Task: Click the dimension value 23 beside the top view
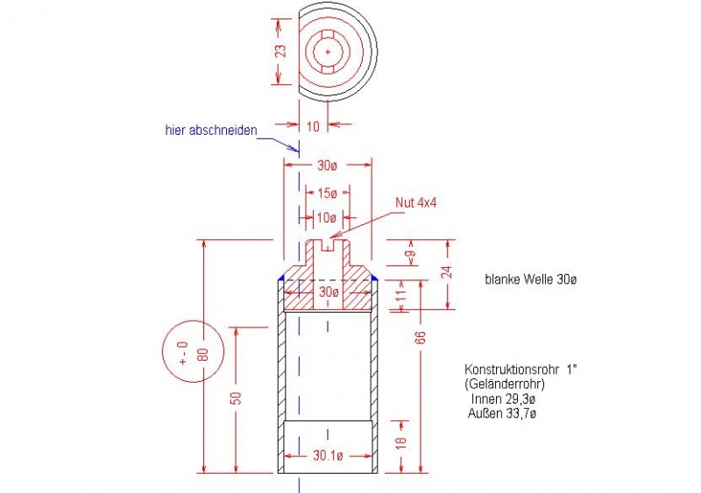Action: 280,51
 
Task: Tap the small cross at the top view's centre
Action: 328,52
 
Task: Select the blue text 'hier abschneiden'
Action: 211,130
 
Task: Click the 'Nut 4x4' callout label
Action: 415,202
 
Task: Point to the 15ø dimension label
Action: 327,194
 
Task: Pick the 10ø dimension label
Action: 326,218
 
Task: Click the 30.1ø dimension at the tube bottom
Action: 328,455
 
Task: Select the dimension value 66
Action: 421,337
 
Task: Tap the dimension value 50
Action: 237,398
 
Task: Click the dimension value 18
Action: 401,442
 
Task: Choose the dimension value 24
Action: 446,272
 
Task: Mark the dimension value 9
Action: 410,255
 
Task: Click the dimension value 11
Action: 402,295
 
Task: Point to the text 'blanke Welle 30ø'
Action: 531,279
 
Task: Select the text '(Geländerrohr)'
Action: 505,384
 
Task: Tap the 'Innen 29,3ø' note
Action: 503,398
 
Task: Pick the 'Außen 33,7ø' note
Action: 501,413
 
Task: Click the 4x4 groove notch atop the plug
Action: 328,244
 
